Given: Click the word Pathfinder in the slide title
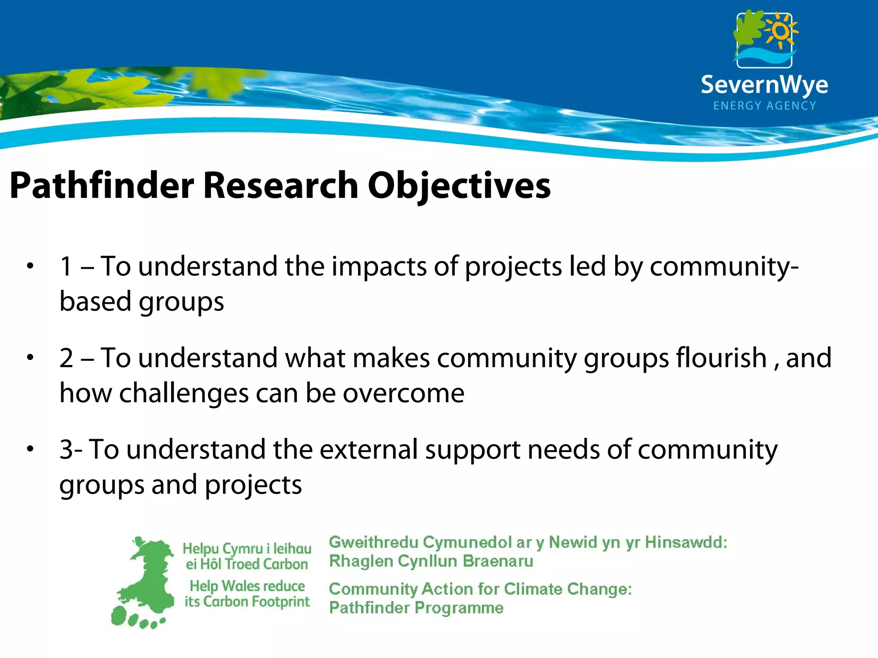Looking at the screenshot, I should (102, 186).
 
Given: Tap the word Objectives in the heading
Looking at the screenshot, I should (459, 186).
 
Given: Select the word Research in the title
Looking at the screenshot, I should (281, 186).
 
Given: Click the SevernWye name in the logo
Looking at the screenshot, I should (764, 84).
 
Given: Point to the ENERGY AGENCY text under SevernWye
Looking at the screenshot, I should (764, 106).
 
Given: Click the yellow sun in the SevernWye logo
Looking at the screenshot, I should (781, 31).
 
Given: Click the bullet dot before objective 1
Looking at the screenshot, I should (30, 266).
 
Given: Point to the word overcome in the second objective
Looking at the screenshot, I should (403, 393).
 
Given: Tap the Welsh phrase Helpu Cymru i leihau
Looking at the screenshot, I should (247, 549).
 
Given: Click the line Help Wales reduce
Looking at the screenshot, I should (247, 586).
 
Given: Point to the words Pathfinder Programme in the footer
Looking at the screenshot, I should (416, 608).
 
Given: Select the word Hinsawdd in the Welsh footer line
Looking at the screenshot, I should (686, 542).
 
